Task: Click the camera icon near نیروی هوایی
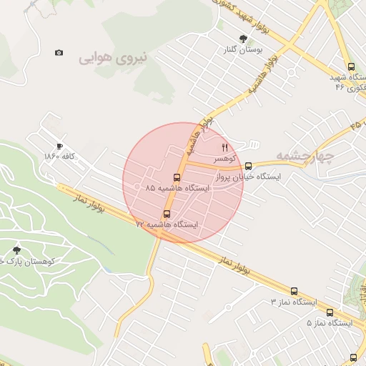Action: click(x=59, y=53)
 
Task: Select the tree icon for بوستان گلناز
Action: click(x=244, y=39)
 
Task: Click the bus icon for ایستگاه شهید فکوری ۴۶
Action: click(x=350, y=66)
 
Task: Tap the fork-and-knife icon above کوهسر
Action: click(x=224, y=147)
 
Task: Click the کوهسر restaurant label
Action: click(x=224, y=157)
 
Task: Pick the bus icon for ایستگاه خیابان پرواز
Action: click(x=248, y=166)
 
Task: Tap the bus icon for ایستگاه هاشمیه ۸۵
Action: click(x=177, y=177)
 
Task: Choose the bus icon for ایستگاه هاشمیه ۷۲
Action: click(x=167, y=213)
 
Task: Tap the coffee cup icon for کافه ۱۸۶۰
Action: click(x=59, y=145)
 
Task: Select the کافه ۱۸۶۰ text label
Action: click(x=59, y=156)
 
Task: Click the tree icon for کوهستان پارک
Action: click(x=16, y=250)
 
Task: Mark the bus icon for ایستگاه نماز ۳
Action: click(x=294, y=291)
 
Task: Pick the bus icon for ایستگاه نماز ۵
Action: click(x=330, y=312)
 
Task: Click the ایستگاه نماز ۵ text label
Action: click(x=330, y=323)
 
